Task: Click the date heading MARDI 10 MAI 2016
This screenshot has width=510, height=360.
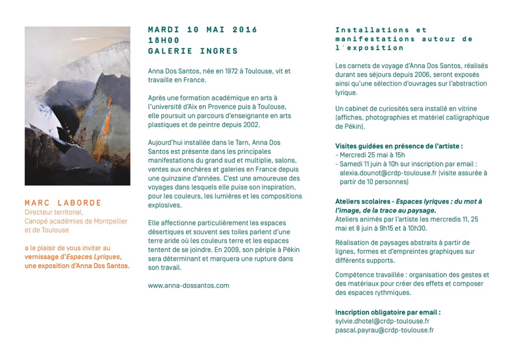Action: point(202,30)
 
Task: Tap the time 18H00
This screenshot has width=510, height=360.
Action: point(164,40)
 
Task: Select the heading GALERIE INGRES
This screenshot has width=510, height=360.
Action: point(193,51)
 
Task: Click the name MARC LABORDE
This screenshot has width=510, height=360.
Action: point(63,202)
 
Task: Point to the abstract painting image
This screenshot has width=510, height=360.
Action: point(77,106)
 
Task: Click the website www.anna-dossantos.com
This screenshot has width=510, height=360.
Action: point(188,285)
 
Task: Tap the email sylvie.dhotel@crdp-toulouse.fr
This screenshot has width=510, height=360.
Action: point(382,321)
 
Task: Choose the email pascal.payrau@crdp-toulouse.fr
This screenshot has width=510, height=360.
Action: point(384,330)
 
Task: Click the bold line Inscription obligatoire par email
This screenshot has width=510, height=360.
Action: point(387,312)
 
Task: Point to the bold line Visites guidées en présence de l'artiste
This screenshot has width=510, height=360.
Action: point(399,146)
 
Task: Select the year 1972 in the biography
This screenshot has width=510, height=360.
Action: point(227,71)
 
